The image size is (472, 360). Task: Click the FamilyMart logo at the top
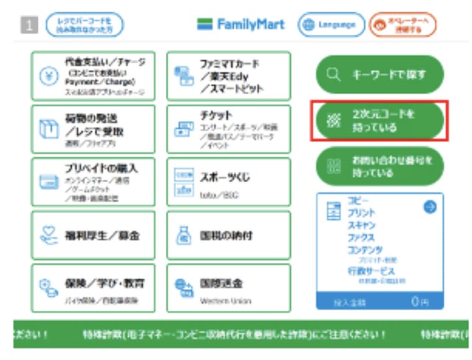[241, 25]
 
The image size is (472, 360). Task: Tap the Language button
[331, 25]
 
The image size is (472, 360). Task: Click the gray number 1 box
[30, 25]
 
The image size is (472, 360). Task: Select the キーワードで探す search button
[379, 74]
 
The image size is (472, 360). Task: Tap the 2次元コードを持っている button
[379, 121]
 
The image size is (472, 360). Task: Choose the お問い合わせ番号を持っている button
[379, 166]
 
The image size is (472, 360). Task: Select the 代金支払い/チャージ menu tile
[93, 76]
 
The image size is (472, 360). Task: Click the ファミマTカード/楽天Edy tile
[229, 76]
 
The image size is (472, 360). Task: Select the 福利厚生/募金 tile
[93, 235]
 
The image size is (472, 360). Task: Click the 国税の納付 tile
[229, 235]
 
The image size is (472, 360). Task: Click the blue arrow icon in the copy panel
[430, 207]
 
